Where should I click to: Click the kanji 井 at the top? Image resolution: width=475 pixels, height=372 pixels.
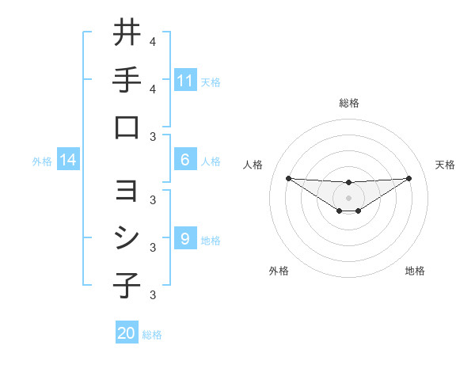point(127,32)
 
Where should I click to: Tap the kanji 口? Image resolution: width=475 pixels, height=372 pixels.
point(127,127)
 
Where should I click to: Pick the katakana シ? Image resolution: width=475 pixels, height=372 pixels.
point(127,239)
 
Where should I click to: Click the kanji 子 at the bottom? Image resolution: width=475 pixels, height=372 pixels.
point(127,286)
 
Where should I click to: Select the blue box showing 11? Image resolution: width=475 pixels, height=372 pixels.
point(185,80)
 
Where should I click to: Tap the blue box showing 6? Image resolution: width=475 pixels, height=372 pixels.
point(185,160)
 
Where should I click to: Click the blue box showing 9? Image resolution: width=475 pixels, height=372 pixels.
point(185,239)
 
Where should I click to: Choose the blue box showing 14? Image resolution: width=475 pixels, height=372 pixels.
point(68,161)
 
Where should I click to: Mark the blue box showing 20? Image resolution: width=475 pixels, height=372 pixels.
point(127,333)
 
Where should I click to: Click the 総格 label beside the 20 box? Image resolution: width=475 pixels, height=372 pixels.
point(152,335)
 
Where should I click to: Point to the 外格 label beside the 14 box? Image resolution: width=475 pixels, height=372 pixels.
point(42,161)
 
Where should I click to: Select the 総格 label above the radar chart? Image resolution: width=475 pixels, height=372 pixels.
point(348,103)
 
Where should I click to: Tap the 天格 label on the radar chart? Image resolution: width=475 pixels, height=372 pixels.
point(445,165)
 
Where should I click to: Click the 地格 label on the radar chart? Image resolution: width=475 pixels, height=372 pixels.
point(415,271)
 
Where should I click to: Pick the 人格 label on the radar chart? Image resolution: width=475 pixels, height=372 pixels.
point(253,165)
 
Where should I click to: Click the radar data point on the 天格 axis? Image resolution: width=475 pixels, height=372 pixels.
point(408,178)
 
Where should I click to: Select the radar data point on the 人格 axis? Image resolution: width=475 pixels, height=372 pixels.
point(288,178)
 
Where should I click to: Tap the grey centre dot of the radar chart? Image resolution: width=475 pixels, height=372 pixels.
point(348,197)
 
